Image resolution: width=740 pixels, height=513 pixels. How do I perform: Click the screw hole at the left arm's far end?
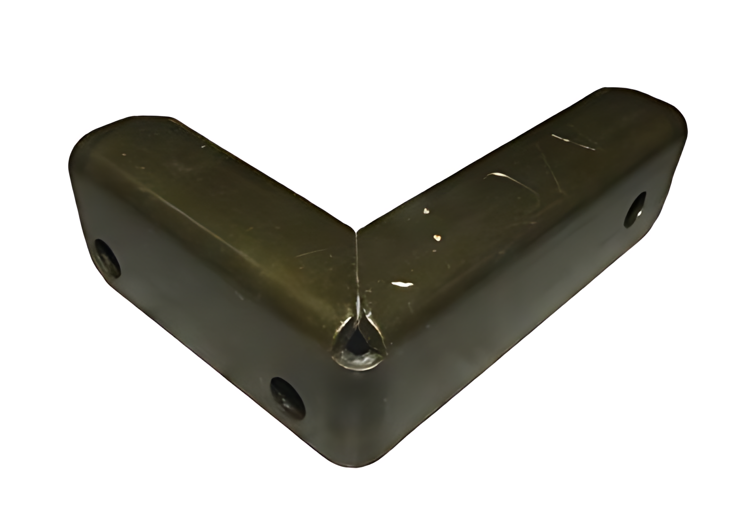tap(107, 258)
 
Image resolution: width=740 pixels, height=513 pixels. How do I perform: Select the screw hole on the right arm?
tap(635, 210)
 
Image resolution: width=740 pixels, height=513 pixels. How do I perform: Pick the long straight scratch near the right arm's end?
tap(573, 142)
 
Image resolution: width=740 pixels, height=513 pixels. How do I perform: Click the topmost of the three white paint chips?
tap(426, 211)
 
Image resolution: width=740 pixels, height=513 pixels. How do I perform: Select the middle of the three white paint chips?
tap(437, 238)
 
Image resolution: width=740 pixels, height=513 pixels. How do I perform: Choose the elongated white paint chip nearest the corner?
tap(402, 284)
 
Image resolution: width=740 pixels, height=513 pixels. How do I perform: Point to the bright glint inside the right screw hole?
tap(639, 215)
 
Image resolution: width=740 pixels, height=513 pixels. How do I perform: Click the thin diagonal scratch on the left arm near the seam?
tap(311, 252)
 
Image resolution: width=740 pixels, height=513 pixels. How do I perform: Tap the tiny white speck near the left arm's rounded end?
tap(124, 154)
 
